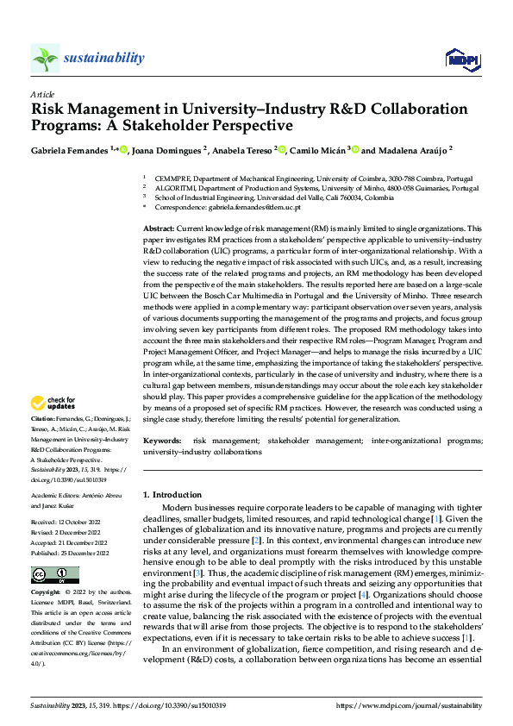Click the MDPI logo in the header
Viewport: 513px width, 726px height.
462,59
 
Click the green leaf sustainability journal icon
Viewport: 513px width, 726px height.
45,59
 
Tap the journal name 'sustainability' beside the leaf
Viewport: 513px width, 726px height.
103,58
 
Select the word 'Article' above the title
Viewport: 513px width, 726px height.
42,94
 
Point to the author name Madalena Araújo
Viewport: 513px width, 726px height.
412,149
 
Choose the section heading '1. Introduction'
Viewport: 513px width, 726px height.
172,495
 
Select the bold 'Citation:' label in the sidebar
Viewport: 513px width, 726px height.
44,417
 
